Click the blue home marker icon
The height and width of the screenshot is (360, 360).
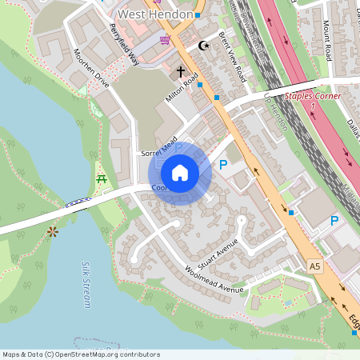coord(180,173)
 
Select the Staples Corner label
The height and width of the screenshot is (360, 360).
coord(313,97)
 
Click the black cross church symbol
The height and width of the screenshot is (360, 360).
coord(182,71)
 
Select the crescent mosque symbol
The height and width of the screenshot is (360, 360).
coord(202,46)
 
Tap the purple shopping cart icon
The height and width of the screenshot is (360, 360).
coord(165,40)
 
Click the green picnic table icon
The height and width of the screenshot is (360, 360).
coord(102,180)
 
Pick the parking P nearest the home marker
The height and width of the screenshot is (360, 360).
coord(223,165)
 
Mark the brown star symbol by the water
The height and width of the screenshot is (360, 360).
coord(53,231)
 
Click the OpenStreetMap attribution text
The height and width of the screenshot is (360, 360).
coord(81,354)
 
